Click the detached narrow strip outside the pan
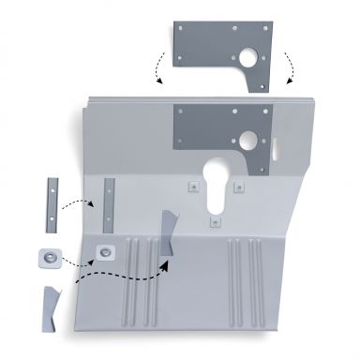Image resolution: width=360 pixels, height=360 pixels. (48, 205)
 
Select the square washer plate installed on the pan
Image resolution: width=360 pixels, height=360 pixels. (104, 250)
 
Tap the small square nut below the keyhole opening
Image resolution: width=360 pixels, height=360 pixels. (215, 221)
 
